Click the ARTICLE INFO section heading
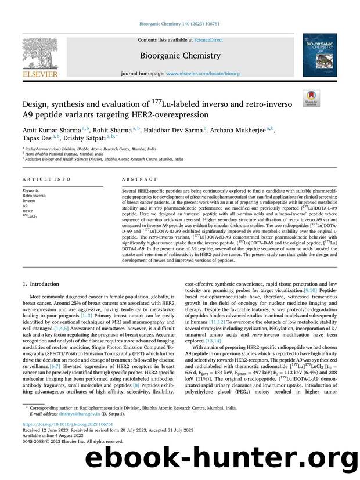point(39,179)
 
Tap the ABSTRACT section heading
point(136,179)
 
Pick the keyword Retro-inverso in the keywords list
point(34,196)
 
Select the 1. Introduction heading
point(41,284)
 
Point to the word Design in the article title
point(38,104)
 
